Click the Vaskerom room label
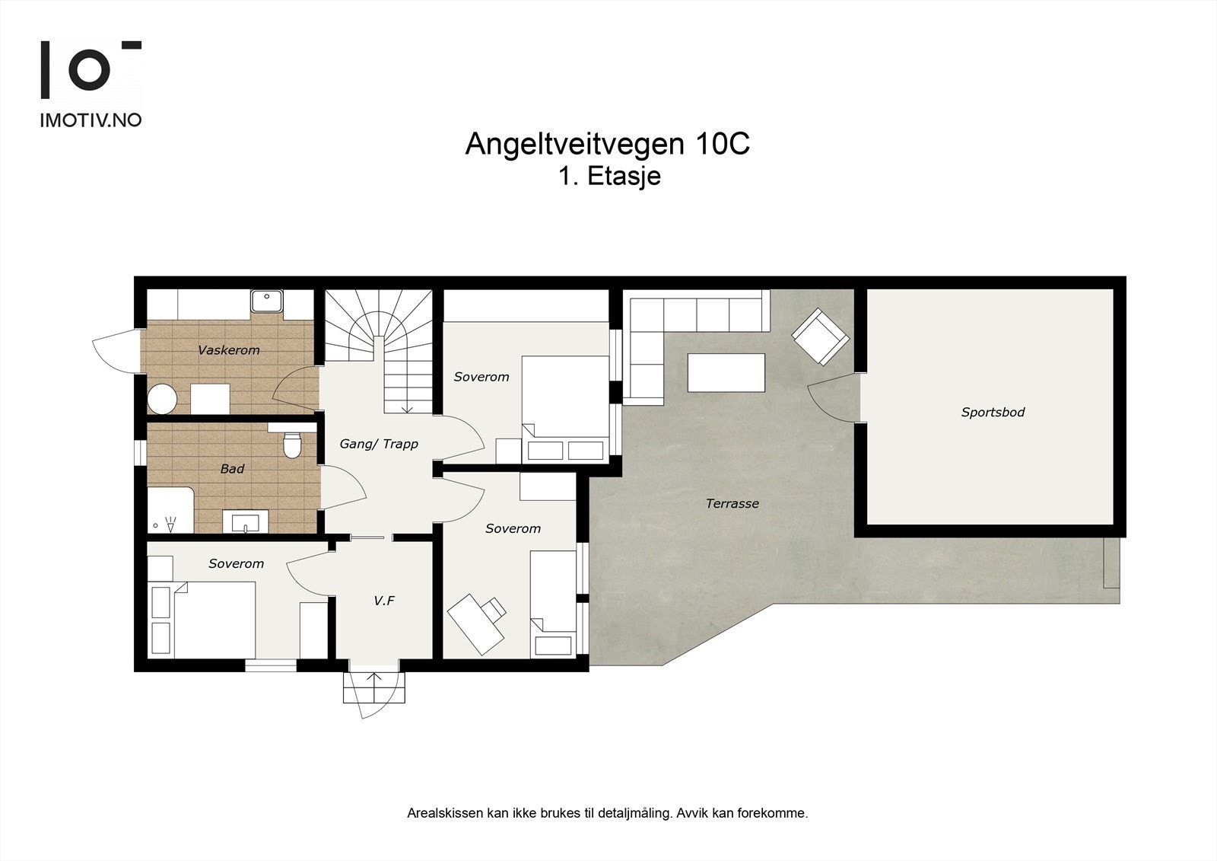click(228, 350)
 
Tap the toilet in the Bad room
click(291, 445)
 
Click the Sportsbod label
click(993, 413)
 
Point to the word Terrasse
click(732, 503)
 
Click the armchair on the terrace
click(820, 336)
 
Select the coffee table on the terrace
click(726, 372)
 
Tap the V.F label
click(384, 601)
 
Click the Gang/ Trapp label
click(379, 444)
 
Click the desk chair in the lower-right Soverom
click(494, 607)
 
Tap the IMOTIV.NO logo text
click(91, 120)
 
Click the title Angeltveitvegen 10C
click(607, 144)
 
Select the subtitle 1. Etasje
click(608, 177)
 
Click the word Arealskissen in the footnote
click(445, 813)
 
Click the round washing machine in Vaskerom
click(163, 399)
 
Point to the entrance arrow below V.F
click(373, 679)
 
